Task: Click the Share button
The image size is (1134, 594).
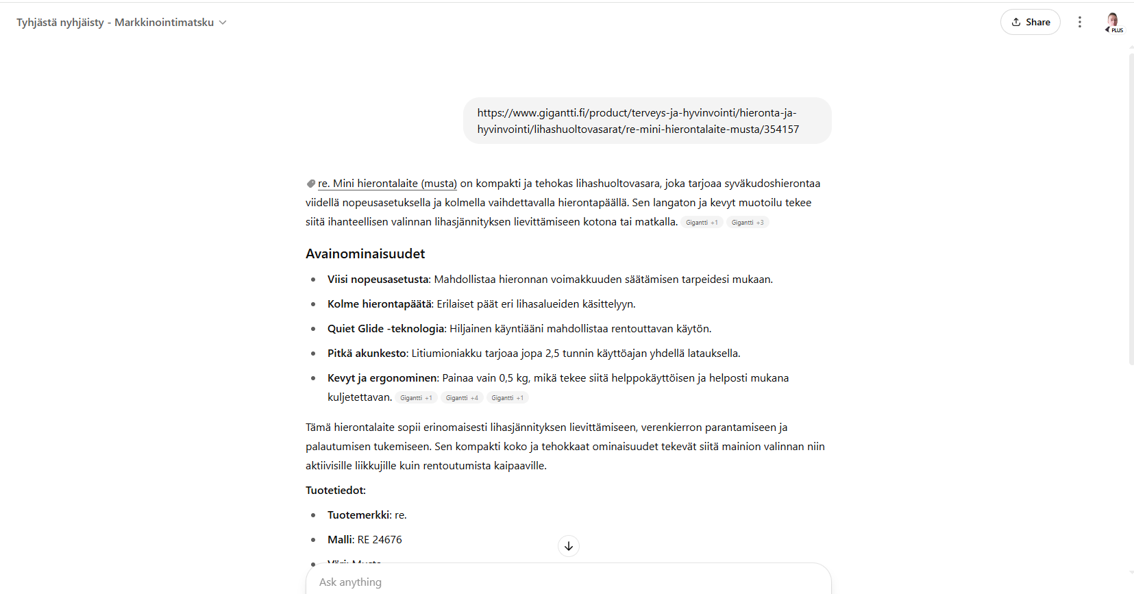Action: pyautogui.click(x=1030, y=22)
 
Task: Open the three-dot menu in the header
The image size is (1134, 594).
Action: pyautogui.click(x=1079, y=22)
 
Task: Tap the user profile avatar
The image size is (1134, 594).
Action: pyautogui.click(x=1113, y=21)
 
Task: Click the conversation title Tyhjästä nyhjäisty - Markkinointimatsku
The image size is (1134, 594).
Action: pyautogui.click(x=115, y=23)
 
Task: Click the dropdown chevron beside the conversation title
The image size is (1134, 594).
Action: pyautogui.click(x=223, y=23)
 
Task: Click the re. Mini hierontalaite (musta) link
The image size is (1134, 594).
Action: pyautogui.click(x=387, y=184)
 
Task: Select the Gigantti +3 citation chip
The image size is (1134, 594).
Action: pyautogui.click(x=747, y=223)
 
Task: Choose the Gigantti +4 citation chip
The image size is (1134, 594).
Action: pyautogui.click(x=462, y=398)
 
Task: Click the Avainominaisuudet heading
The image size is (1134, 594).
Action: pyautogui.click(x=365, y=253)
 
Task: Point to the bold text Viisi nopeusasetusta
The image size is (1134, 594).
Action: pyautogui.click(x=378, y=280)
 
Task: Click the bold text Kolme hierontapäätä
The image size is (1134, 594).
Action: pyautogui.click(x=379, y=304)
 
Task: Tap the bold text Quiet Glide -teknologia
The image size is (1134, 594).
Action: pyautogui.click(x=386, y=329)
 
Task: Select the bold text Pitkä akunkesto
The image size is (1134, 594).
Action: pyautogui.click(x=367, y=354)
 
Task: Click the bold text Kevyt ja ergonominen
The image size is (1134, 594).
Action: pyautogui.click(x=382, y=378)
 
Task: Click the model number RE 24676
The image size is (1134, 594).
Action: pyautogui.click(x=380, y=540)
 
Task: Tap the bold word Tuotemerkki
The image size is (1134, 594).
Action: pyautogui.click(x=359, y=515)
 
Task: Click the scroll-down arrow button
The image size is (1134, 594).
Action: pyautogui.click(x=569, y=546)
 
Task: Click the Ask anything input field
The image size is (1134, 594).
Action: pyautogui.click(x=567, y=582)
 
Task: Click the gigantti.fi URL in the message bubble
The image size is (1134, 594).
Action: pyautogui.click(x=638, y=121)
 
